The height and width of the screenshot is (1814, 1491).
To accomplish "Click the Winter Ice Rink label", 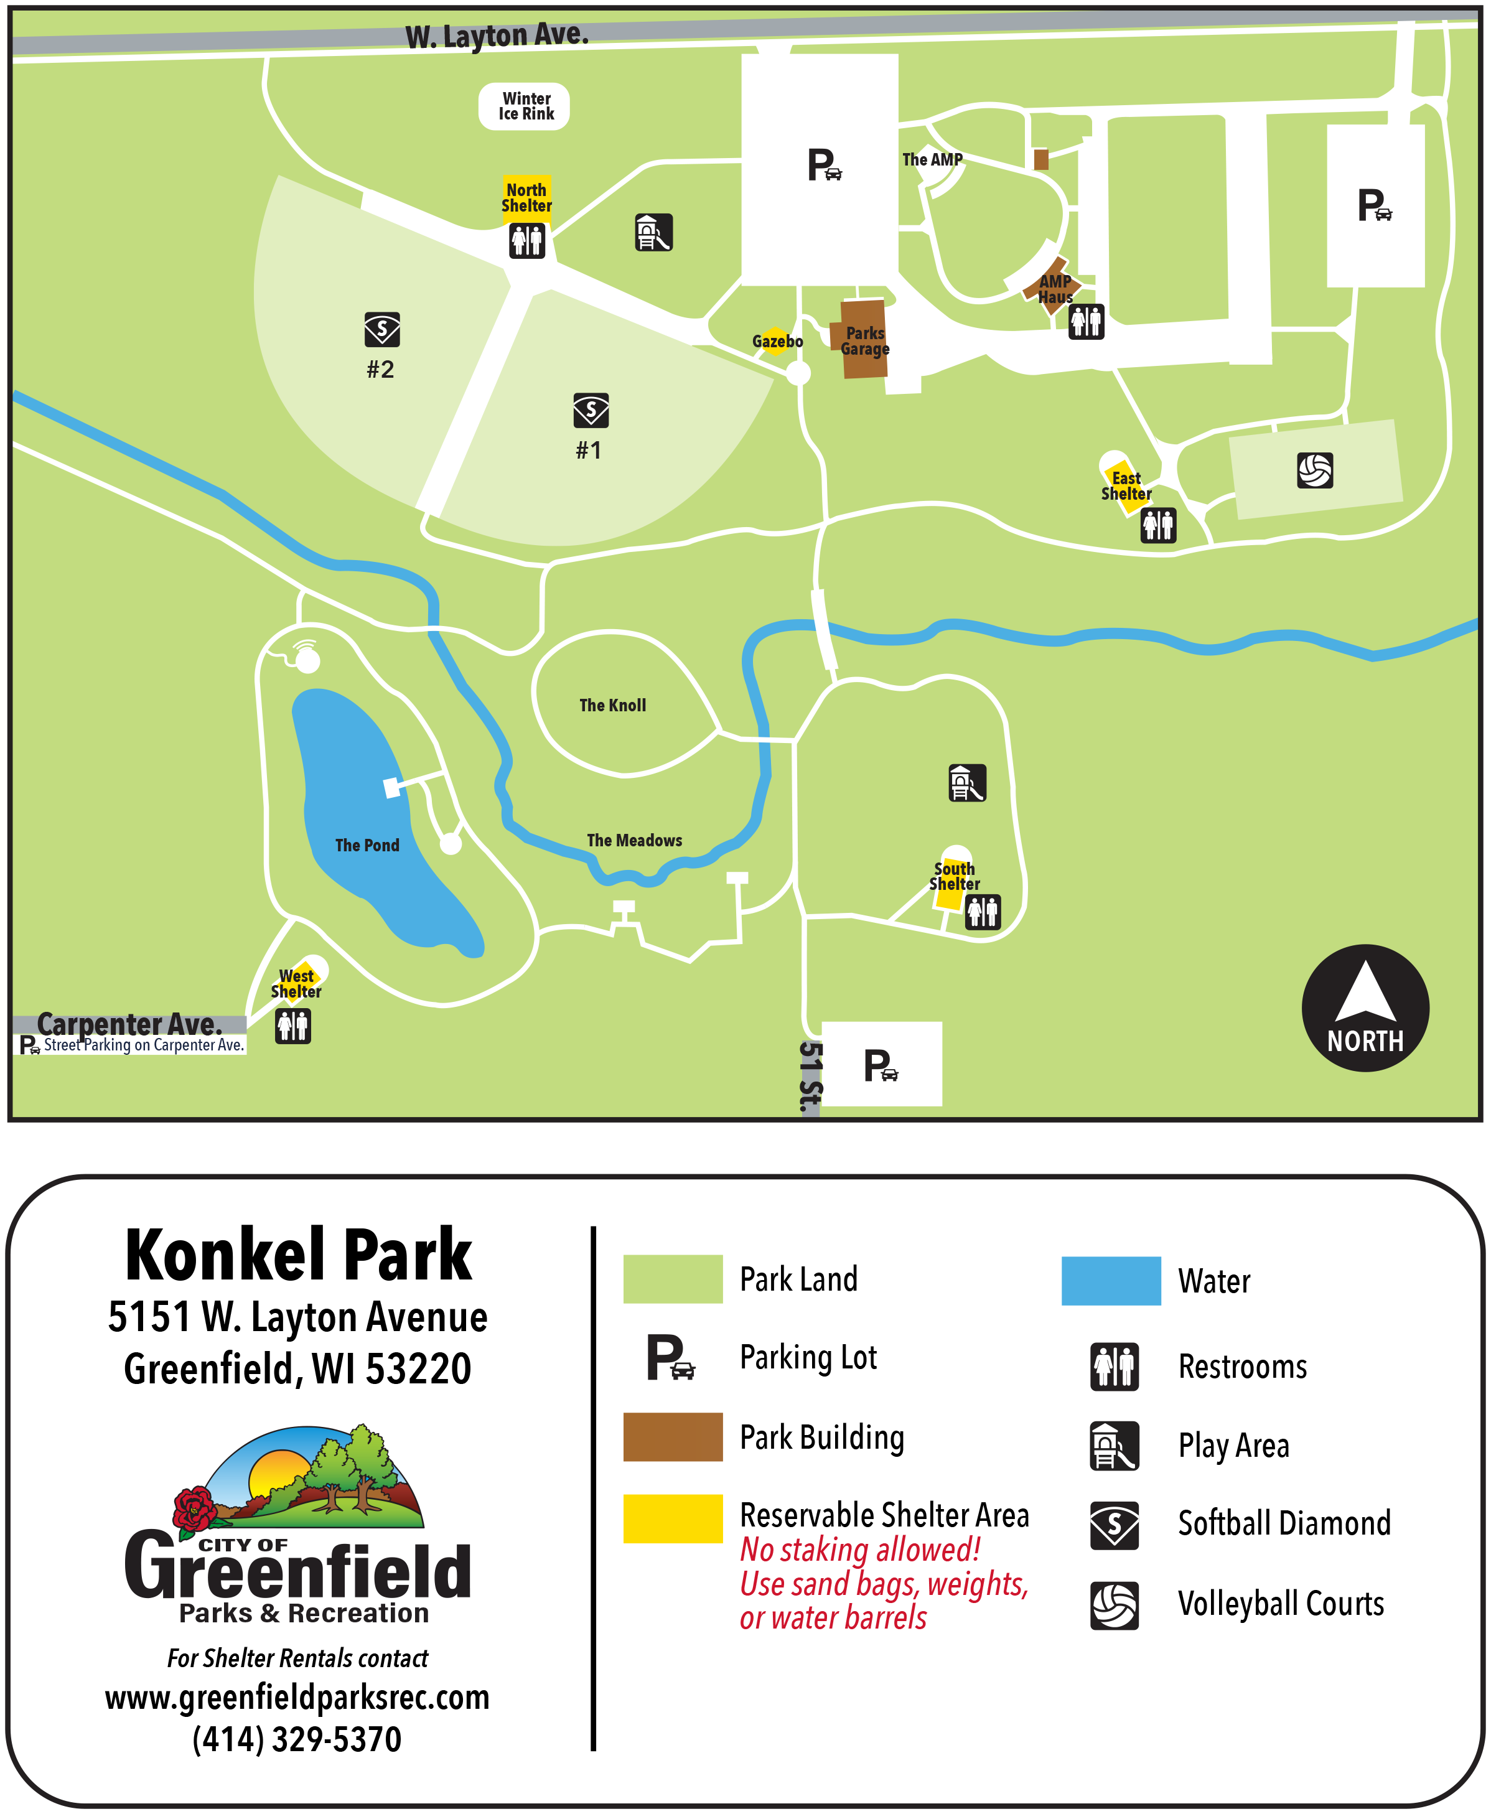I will click(x=524, y=106).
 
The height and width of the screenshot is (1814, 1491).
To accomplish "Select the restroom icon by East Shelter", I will click(x=1157, y=525).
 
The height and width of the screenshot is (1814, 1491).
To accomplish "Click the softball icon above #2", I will click(x=382, y=330).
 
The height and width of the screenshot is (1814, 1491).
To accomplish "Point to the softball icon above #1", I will click(x=591, y=411).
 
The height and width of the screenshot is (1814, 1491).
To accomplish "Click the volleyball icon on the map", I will click(x=1315, y=470).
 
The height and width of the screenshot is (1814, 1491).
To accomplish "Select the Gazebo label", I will click(x=777, y=342).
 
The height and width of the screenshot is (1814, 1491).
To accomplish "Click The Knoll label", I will click(x=612, y=705).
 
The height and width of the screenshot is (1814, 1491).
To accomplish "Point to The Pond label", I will click(x=367, y=845).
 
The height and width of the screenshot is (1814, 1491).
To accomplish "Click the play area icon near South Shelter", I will click(x=967, y=782).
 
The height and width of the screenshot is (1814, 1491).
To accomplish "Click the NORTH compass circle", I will click(x=1365, y=1008).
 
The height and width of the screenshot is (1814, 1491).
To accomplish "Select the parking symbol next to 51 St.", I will click(x=881, y=1065).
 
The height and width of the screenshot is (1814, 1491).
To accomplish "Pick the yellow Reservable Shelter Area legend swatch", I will click(x=673, y=1518).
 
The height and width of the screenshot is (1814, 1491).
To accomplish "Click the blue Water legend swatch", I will click(x=1111, y=1281).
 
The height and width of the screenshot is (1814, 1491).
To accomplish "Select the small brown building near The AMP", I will click(x=1041, y=159).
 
